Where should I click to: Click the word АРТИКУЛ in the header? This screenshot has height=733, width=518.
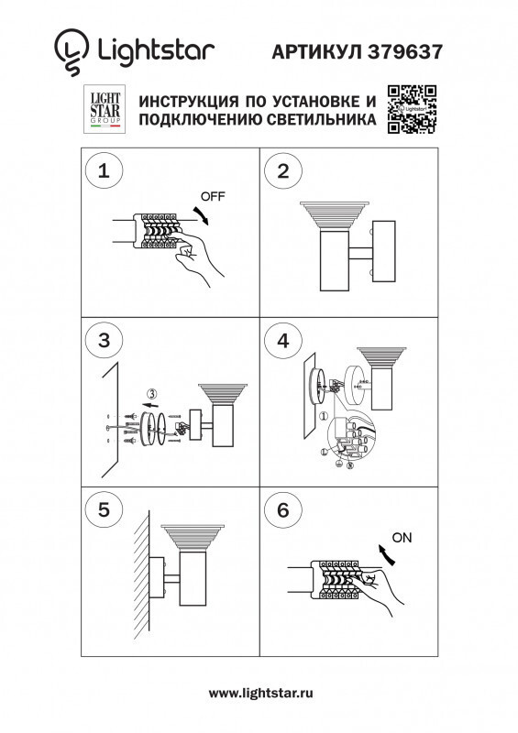point(317,53)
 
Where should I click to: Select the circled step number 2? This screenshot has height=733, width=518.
point(283,171)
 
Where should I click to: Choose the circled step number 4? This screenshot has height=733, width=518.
point(283,341)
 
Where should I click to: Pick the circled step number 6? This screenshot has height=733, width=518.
point(283,510)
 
